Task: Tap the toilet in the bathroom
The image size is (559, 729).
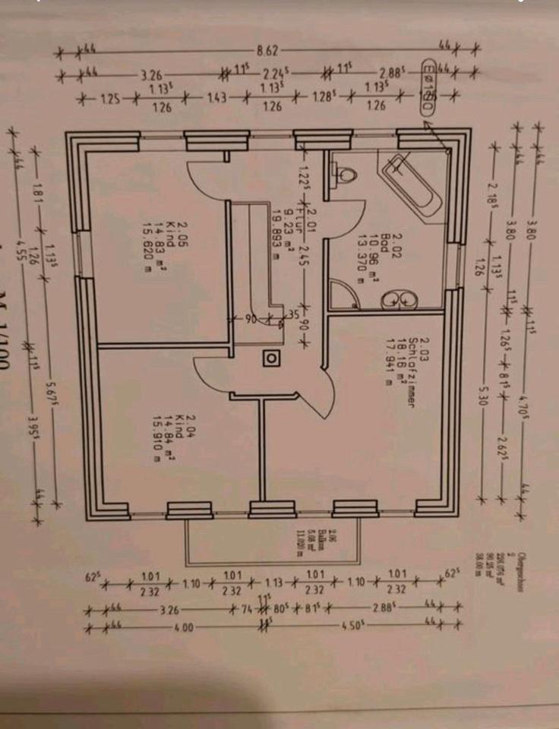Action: (346, 175)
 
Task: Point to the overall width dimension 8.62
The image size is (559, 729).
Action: (268, 51)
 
